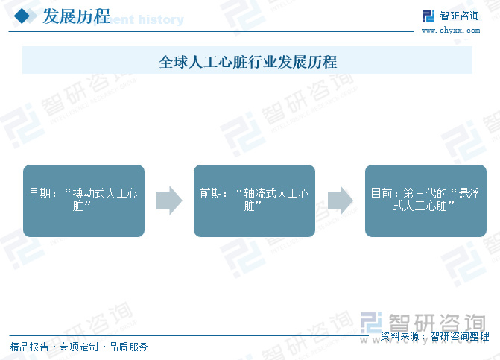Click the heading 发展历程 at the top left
click(x=76, y=16)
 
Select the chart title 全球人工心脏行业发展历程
click(x=247, y=61)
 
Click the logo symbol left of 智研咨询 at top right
click(x=428, y=16)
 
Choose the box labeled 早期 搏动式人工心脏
click(x=83, y=200)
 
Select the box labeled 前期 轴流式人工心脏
click(x=254, y=200)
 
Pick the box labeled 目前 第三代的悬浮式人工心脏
click(x=425, y=200)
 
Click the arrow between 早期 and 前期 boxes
click(x=169, y=200)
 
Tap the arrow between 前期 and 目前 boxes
click(x=340, y=200)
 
